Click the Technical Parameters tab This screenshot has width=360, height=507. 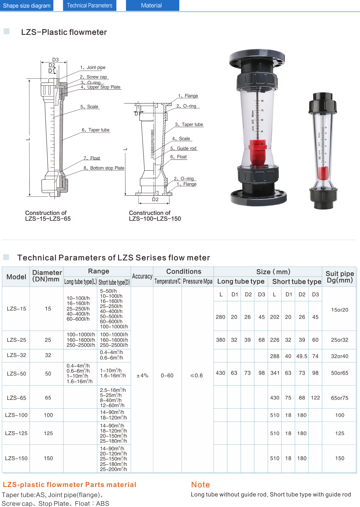pyautogui.click(x=90, y=5)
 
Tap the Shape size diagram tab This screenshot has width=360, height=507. pyautogui.click(x=27, y=5)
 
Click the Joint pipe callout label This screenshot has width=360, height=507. pyautogui.click(x=93, y=68)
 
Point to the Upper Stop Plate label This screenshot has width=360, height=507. pyautogui.click(x=101, y=87)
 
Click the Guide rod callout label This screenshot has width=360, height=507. pyautogui.click(x=183, y=149)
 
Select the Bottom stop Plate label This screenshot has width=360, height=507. pyautogui.click(x=104, y=168)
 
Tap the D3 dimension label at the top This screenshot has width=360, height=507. pyautogui.click(x=56, y=60)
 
